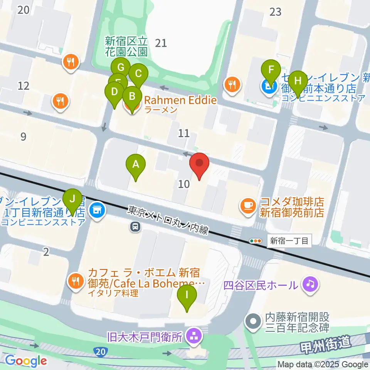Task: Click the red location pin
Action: coord(199,164)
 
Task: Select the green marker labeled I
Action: coord(187,297)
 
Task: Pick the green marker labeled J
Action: coord(72,200)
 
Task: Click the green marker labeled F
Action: coord(271,71)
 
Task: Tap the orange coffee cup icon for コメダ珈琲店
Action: coord(247,205)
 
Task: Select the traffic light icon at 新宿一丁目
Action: coord(256,241)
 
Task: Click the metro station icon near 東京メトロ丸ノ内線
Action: coord(135,227)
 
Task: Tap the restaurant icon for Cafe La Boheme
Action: coord(76,281)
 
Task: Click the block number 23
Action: coord(276,12)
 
